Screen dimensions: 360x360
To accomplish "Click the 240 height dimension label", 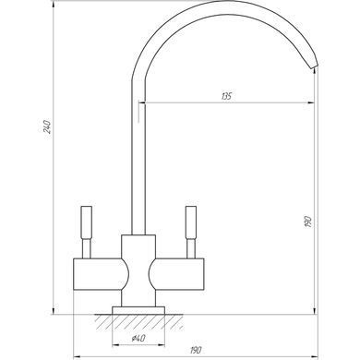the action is tap(47, 126).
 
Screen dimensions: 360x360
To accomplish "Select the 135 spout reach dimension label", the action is tap(226, 96).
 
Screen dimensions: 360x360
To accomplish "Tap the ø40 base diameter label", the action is tap(138, 339).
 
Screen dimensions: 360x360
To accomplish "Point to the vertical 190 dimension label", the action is tap(307, 222).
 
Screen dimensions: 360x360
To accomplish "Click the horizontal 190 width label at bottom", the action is tap(196, 350).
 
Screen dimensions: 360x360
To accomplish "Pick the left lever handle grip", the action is tap(86, 222).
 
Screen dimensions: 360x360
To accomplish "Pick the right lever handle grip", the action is tap(191, 222).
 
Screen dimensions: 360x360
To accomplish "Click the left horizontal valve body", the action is tap(99, 274).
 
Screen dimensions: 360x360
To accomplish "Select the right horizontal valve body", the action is tap(178, 274).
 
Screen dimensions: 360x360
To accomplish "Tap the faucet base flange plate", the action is tap(138, 310).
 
